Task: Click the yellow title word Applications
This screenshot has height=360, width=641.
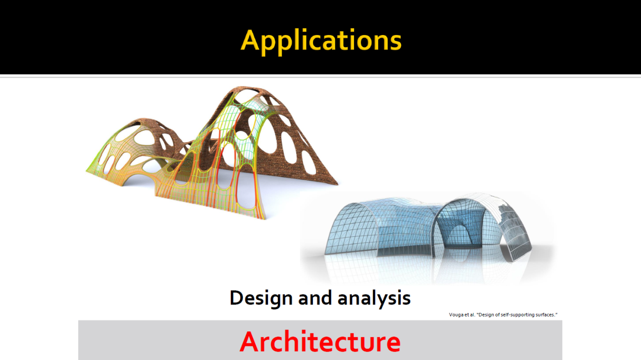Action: [321, 41]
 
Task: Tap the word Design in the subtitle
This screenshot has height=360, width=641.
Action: [261, 298]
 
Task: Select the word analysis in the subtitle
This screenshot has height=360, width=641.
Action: [374, 298]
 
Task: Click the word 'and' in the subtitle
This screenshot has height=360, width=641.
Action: [315, 298]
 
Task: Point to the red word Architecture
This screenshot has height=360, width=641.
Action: [320, 341]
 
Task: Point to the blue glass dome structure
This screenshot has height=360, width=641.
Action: [428, 229]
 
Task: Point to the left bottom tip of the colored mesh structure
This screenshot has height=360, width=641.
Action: [87, 171]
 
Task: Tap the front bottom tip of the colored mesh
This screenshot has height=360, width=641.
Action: [264, 219]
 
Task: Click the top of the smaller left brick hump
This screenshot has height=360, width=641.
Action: [146, 119]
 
